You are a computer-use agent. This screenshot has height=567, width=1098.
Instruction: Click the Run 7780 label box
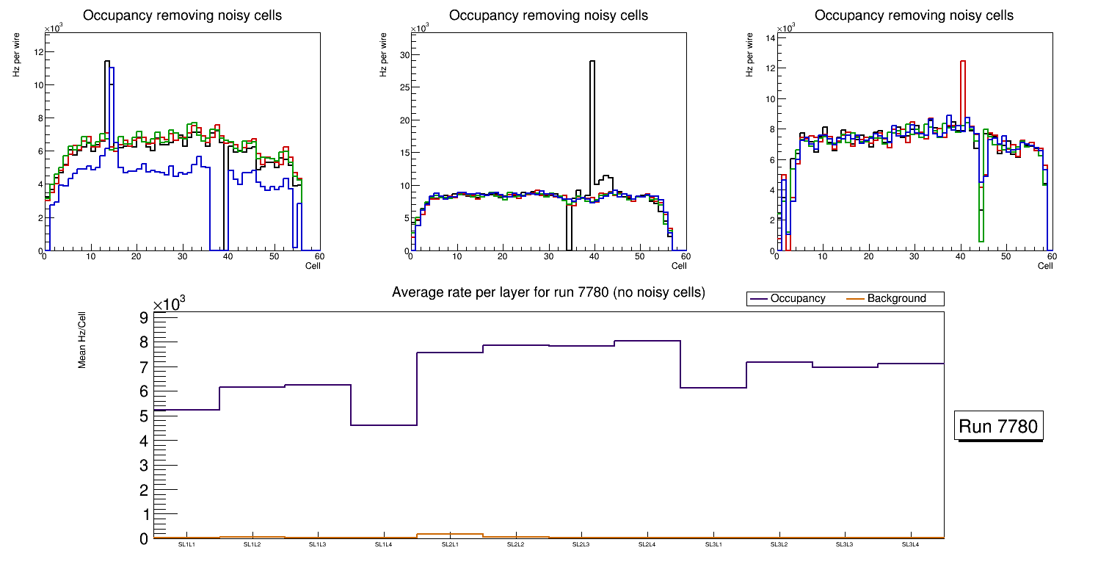pyautogui.click(x=1000, y=426)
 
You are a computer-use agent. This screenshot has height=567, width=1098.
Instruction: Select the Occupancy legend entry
pyautogui.click(x=797, y=299)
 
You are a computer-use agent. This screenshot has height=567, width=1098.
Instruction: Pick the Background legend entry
pyautogui.click(x=896, y=299)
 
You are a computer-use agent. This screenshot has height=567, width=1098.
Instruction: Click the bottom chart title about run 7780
pyautogui.click(x=548, y=292)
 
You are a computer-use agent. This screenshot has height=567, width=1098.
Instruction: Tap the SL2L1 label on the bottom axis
pyautogui.click(x=450, y=544)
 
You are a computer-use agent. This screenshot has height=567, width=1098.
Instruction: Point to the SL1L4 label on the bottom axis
pyautogui.click(x=384, y=544)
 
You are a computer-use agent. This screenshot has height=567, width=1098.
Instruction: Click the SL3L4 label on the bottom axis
pyautogui.click(x=911, y=544)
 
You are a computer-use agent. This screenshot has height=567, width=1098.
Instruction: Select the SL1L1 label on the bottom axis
pyautogui.click(x=186, y=544)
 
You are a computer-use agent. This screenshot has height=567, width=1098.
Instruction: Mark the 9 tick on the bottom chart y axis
pyautogui.click(x=144, y=317)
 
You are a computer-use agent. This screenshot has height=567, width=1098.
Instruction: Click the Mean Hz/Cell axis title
pyautogui.click(x=83, y=339)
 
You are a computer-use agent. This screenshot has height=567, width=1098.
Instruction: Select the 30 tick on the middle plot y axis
pyautogui.click(x=404, y=55)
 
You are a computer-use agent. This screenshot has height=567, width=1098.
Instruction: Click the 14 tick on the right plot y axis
pyautogui.click(x=770, y=37)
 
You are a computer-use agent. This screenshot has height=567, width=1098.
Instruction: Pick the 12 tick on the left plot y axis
pyautogui.click(x=38, y=51)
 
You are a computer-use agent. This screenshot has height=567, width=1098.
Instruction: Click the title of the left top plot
pyautogui.click(x=182, y=15)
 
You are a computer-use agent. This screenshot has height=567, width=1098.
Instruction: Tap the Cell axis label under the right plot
pyautogui.click(x=1045, y=265)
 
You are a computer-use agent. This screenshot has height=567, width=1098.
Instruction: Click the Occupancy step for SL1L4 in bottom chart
pyautogui.click(x=384, y=425)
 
